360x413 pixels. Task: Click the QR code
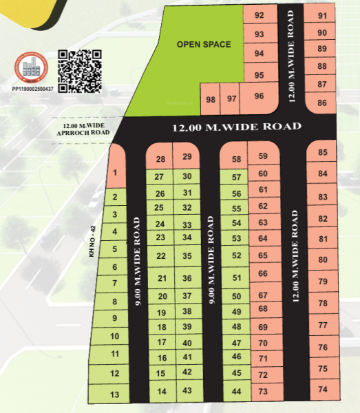pos(80,70)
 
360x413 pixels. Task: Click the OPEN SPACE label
pos(203,45)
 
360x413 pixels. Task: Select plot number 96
pos(259,96)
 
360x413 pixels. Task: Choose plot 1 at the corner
pos(116,173)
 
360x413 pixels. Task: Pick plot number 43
pos(187,390)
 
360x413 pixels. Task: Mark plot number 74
pos(323,388)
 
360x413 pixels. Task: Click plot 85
pos(322,152)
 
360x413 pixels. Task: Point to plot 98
pos(211,99)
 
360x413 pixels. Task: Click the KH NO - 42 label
pos(90,242)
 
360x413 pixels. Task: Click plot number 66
pos(262,273)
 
